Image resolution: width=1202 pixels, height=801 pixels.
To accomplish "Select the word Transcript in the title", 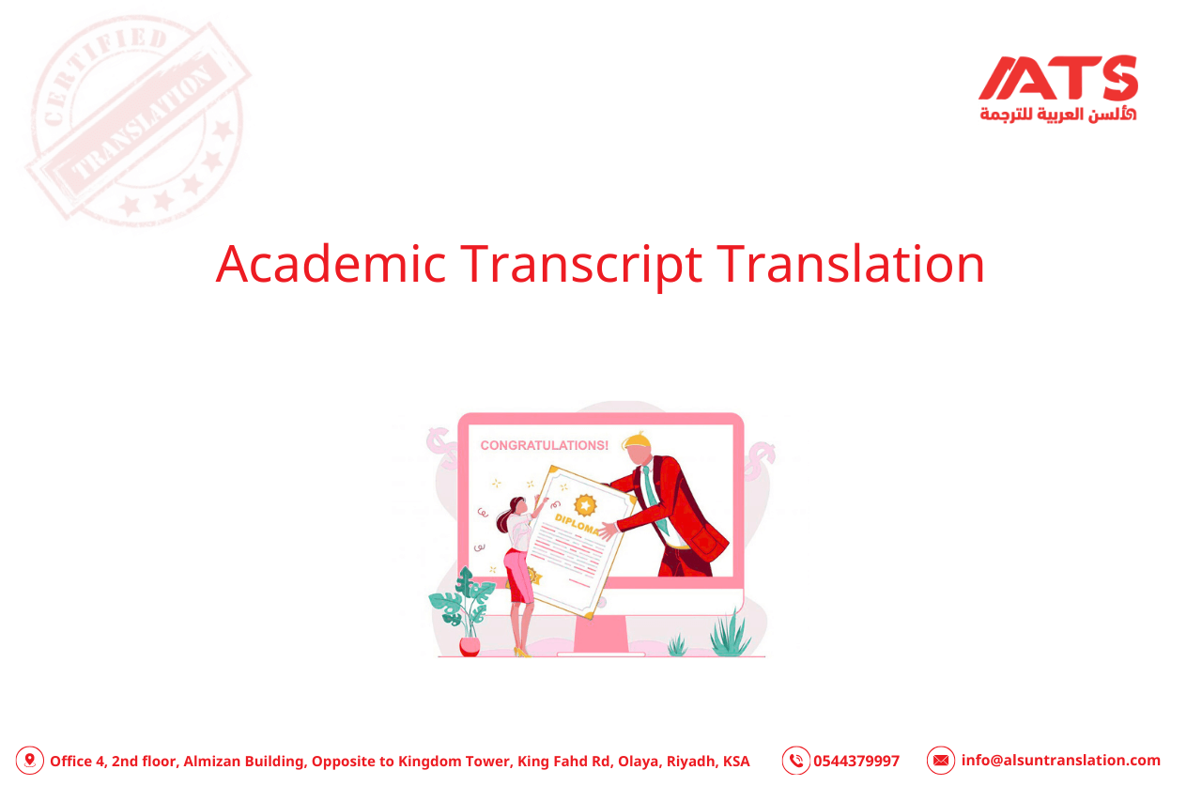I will [x=580, y=264].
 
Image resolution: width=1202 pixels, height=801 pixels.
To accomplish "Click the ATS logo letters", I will [x=1058, y=78].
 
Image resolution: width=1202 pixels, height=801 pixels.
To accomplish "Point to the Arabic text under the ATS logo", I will [x=1057, y=114].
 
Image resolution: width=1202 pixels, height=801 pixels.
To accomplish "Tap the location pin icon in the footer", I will [x=30, y=761].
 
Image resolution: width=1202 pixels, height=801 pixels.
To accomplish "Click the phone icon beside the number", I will [x=795, y=761].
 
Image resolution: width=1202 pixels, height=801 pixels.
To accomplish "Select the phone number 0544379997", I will [x=856, y=761].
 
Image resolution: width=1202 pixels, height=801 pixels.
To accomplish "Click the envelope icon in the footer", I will [x=940, y=761].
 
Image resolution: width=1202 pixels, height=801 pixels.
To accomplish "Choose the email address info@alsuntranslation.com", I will [x=1060, y=761].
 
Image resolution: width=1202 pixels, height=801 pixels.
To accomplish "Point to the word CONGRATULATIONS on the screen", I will [x=544, y=445].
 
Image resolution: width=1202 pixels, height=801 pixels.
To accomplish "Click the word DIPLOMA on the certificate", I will [x=577, y=523].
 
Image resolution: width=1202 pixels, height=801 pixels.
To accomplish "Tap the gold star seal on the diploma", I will [x=586, y=504].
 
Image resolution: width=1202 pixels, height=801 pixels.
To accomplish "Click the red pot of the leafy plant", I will [x=470, y=646].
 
